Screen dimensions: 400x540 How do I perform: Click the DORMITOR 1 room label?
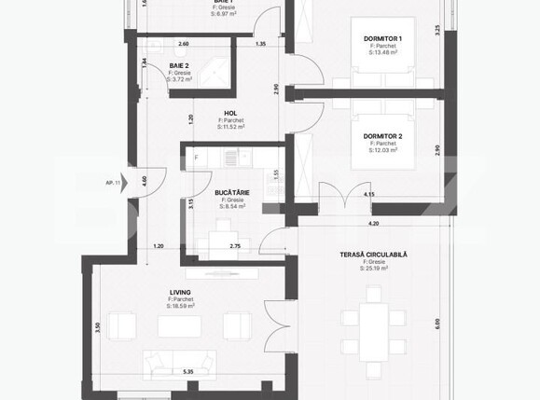point(383,38)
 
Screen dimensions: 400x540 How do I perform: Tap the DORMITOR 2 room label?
point(383,135)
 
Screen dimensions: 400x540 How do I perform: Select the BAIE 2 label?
point(180,65)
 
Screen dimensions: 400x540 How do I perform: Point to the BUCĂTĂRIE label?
point(233,193)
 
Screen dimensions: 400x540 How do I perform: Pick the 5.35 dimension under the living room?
point(188,371)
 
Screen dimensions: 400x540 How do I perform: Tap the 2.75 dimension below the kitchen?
point(235,245)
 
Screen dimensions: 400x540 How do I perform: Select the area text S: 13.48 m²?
point(383,52)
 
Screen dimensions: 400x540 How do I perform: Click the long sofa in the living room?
point(177,361)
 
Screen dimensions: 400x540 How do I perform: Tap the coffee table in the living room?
point(179,326)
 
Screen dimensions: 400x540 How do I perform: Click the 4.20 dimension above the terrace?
point(374,224)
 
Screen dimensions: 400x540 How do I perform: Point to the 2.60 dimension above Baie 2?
point(183,44)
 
